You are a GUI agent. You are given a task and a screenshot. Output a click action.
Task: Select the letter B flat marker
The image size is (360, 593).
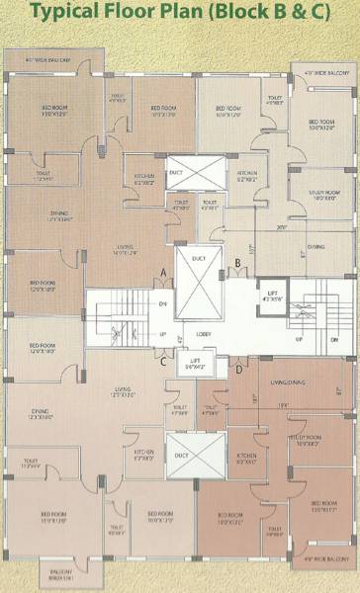238,263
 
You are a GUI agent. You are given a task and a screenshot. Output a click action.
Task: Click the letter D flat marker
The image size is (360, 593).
238,370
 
